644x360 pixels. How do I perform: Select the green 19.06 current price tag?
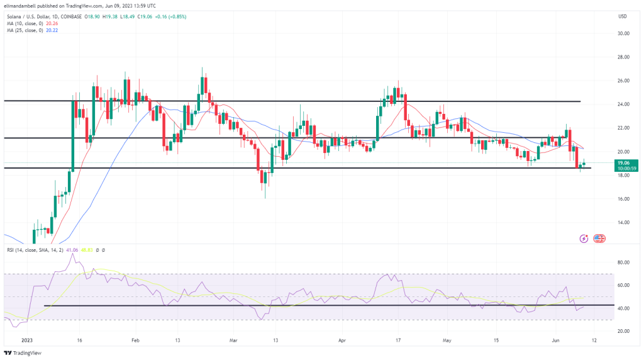(623, 162)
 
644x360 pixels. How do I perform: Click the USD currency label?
(623, 16)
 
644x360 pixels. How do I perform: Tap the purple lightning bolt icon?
(584, 239)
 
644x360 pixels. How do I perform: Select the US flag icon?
(599, 239)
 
